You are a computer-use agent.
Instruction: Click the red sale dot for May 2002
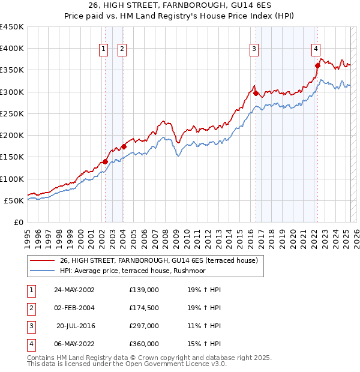point(105,161)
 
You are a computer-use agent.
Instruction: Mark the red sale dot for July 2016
point(256,93)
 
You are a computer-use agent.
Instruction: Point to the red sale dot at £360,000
point(317,65)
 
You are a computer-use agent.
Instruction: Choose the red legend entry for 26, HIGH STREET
point(158,260)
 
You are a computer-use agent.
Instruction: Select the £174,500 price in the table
point(144,308)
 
